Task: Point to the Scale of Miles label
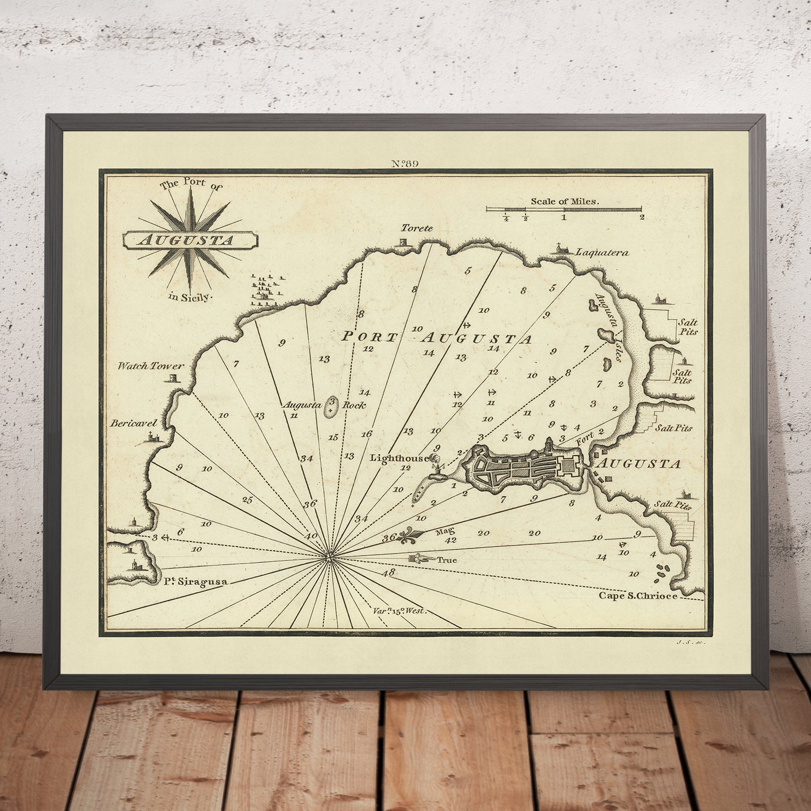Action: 565,202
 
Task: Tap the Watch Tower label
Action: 151,366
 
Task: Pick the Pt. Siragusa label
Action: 194,582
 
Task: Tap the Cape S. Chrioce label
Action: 638,596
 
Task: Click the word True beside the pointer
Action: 446,560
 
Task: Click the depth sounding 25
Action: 247,500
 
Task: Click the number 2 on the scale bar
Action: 642,217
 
